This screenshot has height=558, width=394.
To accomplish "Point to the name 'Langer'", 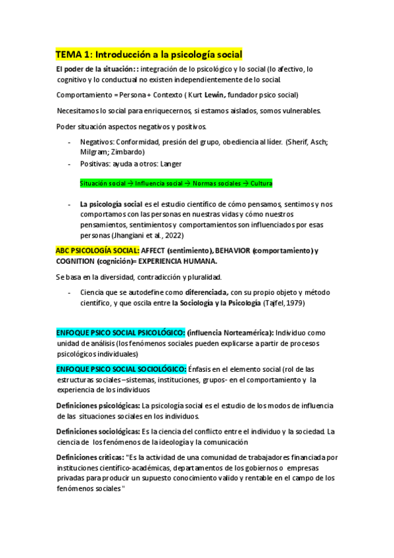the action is [171, 164].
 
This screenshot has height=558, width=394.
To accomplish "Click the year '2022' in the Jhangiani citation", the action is [172, 234].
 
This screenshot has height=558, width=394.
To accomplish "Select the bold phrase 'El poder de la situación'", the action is [94, 68].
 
